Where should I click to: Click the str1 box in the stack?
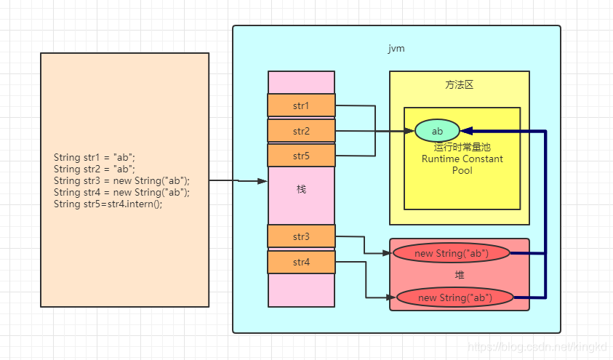coord(301,105)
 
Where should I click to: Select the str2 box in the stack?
coord(301,131)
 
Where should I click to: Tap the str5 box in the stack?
coord(301,156)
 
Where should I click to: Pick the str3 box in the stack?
coord(301,236)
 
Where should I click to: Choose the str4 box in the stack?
coord(301,262)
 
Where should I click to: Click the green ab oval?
coord(437,131)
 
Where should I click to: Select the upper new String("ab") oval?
coord(451,253)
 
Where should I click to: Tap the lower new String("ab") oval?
coord(455,297)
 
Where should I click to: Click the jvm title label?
coord(396,49)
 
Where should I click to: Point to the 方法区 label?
coord(459,84)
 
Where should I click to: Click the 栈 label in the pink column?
coord(301,189)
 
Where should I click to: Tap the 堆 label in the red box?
coord(459,276)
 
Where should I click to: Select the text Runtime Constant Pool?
coord(462,164)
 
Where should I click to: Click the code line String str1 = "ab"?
coord(95,157)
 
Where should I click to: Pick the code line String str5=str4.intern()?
coord(108,204)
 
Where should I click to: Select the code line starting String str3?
coord(121,180)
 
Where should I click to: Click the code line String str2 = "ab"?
coord(95,169)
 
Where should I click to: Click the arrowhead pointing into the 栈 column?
coord(263,181)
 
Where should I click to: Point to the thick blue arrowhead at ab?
coord(467,131)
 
